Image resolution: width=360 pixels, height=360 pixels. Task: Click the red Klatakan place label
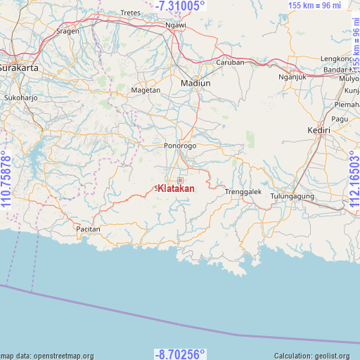coord(176,188)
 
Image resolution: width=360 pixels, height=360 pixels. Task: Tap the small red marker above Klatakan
coord(180,160)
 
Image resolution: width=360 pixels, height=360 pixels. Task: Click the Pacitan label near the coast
coord(88,229)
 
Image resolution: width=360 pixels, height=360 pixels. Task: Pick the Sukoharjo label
coord(19,97)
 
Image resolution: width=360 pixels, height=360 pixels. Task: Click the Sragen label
coord(67,32)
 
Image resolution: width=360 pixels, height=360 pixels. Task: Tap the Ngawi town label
coord(175,25)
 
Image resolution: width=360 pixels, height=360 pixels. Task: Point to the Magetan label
coord(146,90)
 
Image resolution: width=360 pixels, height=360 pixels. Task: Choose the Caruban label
coord(230,62)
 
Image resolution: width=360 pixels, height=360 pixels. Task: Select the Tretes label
coord(131,13)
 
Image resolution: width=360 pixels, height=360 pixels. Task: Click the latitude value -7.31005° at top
coord(180,6)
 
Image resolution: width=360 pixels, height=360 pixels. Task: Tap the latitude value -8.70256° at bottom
coord(180,354)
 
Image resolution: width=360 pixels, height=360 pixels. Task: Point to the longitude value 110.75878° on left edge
coord(6,179)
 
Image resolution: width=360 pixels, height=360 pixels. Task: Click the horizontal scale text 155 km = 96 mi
coord(324,6)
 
